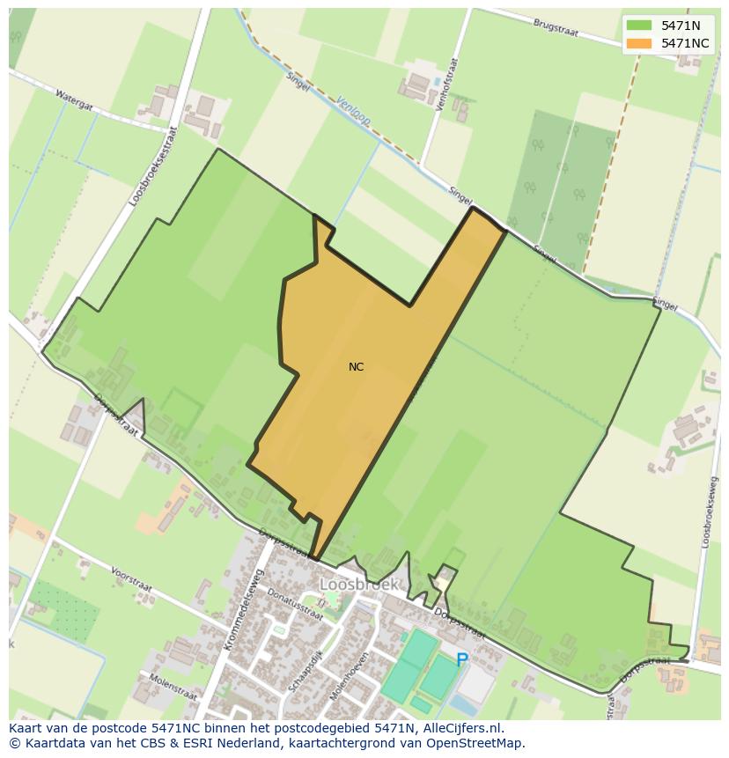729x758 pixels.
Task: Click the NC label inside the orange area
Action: point(356,367)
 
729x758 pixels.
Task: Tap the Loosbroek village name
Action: point(359,584)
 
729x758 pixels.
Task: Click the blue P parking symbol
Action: point(461,659)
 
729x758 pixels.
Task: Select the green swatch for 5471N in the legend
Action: point(639,26)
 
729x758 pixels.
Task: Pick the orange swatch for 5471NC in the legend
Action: point(639,43)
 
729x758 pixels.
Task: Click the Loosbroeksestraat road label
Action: point(148,170)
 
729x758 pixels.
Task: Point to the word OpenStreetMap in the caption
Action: point(476,743)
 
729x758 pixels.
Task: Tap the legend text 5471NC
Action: point(685,43)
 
